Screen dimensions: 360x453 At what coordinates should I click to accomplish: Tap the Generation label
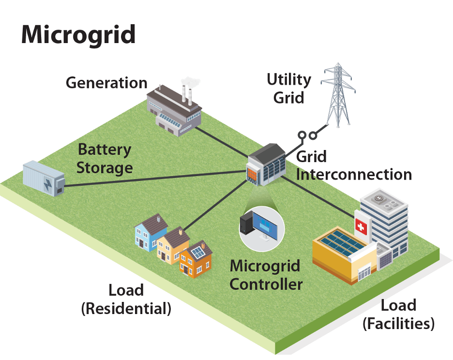coord(106,83)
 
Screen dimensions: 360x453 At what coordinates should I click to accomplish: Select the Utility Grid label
coord(289,88)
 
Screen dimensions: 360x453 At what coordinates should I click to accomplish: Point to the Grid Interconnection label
coord(353,165)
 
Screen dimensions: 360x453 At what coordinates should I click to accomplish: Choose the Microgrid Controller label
coord(266,274)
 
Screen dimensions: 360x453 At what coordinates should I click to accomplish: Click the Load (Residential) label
coord(126,299)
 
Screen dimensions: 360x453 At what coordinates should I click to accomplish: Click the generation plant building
coord(174,109)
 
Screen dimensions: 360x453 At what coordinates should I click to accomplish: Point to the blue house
coord(150,231)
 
